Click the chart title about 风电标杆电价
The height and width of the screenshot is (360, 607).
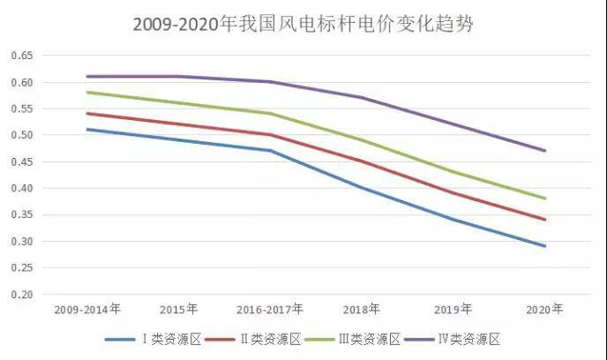coord(303,24)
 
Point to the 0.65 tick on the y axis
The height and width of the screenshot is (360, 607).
coord(20,56)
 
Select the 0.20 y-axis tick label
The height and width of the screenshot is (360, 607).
coord(20,294)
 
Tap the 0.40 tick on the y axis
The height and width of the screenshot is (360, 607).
coord(20,188)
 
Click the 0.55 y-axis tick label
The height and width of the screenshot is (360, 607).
coord(20,109)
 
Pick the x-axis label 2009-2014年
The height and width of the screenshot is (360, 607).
coord(88,310)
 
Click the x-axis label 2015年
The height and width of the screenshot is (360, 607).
coord(179,310)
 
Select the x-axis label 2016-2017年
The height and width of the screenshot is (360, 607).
coord(270,310)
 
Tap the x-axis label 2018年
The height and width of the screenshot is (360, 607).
coord(361,310)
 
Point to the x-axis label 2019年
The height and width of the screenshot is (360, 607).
coord(453,310)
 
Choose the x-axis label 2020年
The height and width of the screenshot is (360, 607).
coord(543,310)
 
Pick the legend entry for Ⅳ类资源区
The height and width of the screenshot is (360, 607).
coord(476,339)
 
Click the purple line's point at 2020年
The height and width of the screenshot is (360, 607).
coord(544,151)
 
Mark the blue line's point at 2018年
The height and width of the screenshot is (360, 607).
coord(362,188)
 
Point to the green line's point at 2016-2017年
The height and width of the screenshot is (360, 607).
coord(270,113)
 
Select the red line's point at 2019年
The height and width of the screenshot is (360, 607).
coord(453,192)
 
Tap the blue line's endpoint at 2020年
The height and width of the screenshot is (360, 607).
coord(544,246)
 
